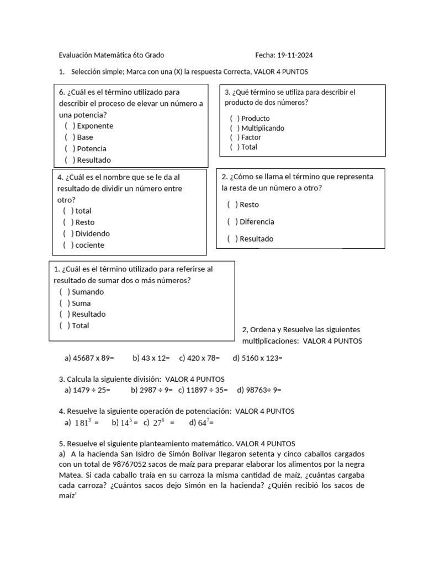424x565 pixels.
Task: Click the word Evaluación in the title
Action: pyautogui.click(x=76, y=55)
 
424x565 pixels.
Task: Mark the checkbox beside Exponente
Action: pyautogui.click(x=70, y=126)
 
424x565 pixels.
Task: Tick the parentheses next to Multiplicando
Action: pyautogui.click(x=235, y=128)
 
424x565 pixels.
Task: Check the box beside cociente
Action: pyautogui.click(x=68, y=245)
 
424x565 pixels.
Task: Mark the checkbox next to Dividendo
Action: pyautogui.click(x=68, y=233)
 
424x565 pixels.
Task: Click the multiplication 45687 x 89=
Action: pyautogui.click(x=89, y=358)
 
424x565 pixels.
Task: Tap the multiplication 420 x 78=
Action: pyautogui.click(x=199, y=358)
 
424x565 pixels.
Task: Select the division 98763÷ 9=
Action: pyautogui.click(x=259, y=390)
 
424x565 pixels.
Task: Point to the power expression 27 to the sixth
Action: pyautogui.click(x=160, y=423)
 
